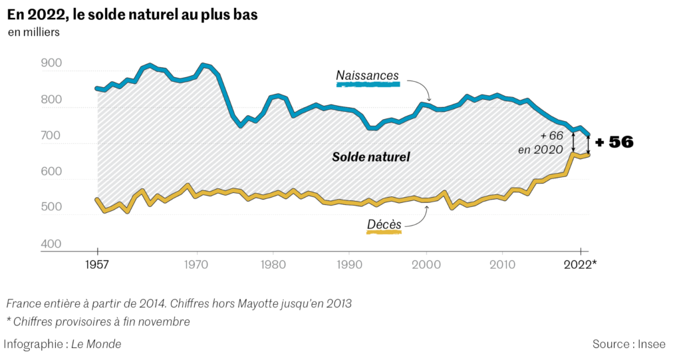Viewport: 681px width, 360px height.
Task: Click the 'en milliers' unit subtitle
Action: click(34, 32)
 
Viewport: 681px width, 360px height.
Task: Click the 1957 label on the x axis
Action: click(97, 264)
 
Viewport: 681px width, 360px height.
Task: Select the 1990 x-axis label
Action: click(349, 264)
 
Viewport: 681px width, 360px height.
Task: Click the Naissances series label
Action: click(367, 76)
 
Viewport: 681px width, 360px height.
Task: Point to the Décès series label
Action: click(384, 225)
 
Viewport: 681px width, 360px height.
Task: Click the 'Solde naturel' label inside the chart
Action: click(371, 157)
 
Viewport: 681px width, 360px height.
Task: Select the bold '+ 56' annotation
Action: click(614, 142)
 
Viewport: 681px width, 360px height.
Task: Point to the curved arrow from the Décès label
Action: click(420, 216)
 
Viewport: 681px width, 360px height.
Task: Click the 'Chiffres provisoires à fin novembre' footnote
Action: click(100, 322)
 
